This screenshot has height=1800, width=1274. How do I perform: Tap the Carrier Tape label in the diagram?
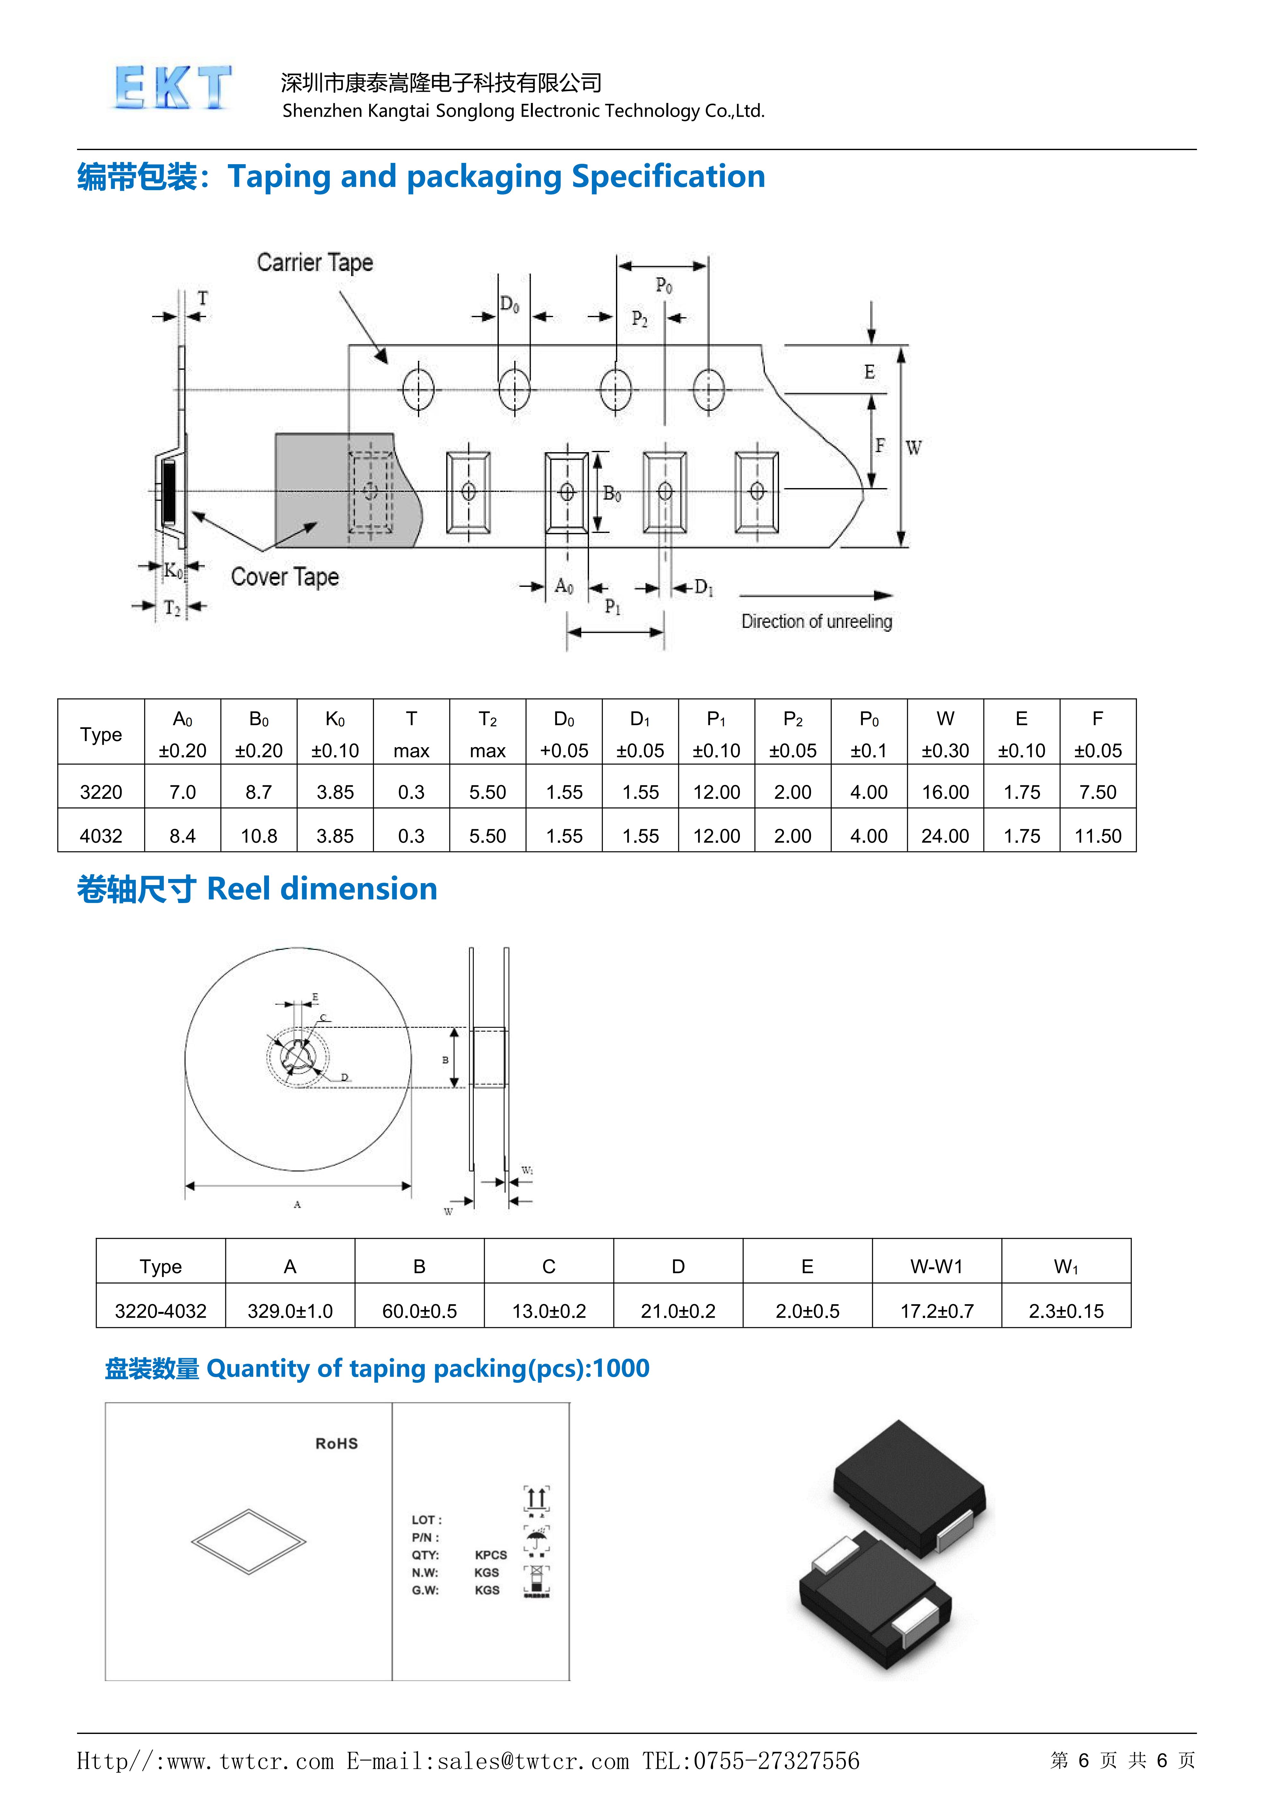tap(315, 263)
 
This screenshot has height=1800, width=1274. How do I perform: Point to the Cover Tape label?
tap(285, 577)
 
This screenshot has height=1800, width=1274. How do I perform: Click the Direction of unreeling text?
tap(817, 622)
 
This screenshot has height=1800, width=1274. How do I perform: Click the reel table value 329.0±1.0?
tap(290, 1311)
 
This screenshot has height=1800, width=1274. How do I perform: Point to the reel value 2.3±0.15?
tap(1066, 1311)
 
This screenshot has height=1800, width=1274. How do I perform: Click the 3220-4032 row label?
tap(161, 1311)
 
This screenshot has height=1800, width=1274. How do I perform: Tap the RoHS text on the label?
tap(336, 1443)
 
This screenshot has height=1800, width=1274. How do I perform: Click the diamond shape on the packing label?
tap(249, 1541)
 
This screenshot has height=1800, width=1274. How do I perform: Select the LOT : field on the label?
tap(427, 1519)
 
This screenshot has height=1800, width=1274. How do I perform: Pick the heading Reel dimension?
tap(322, 889)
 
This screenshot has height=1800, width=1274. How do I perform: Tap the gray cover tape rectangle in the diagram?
tap(314, 486)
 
